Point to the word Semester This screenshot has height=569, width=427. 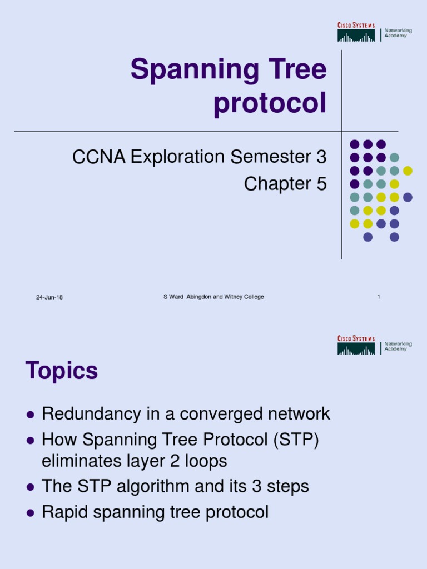tap(269, 158)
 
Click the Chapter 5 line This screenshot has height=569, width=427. tap(285, 184)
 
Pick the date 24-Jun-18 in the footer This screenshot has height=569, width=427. tap(49, 297)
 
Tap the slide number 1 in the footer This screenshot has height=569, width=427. tap(379, 297)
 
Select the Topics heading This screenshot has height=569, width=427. tap(62, 371)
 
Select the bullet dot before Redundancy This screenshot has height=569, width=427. tap(31, 415)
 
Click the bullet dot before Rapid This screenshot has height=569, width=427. tap(31, 512)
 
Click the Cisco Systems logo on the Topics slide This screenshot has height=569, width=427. tap(356, 346)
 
